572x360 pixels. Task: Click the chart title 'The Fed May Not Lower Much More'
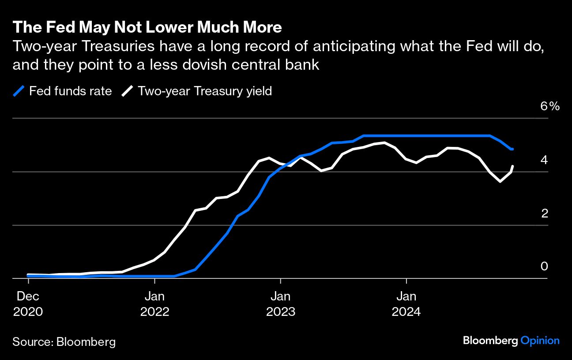pyautogui.click(x=147, y=27)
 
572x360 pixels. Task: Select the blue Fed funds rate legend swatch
pyautogui.click(x=19, y=91)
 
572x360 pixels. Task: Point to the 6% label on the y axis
pyautogui.click(x=550, y=106)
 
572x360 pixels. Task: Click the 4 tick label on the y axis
pyautogui.click(x=544, y=160)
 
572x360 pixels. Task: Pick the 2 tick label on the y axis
pyautogui.click(x=544, y=213)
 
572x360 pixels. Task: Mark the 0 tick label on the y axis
pyautogui.click(x=544, y=266)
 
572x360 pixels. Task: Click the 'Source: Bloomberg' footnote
pyautogui.click(x=64, y=342)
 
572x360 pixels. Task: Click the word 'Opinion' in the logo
pyautogui.click(x=540, y=341)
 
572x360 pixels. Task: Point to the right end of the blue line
pyautogui.click(x=512, y=149)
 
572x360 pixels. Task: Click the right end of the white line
pyautogui.click(x=513, y=166)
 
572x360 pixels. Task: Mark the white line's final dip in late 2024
pyautogui.click(x=500, y=181)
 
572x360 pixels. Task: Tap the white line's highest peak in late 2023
pyautogui.click(x=384, y=142)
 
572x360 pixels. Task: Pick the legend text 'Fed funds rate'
pyautogui.click(x=71, y=91)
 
